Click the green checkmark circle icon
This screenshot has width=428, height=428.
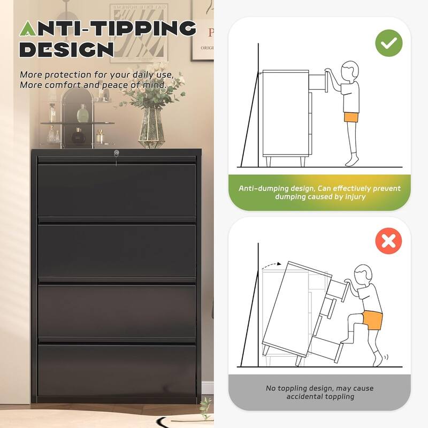coord(389,43)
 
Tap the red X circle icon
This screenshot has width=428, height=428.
coord(389,241)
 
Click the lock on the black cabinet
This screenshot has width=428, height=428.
coord(117,153)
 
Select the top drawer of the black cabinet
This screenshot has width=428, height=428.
coord(117,190)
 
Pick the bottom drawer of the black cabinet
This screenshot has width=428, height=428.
coord(117,370)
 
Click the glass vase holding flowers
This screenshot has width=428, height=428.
coord(152,128)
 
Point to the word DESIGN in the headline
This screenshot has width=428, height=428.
coord(66,50)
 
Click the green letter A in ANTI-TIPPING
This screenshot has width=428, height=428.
coord(28,29)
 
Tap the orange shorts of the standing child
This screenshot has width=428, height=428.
coord(351,117)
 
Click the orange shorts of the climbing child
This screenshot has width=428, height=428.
coord(372,320)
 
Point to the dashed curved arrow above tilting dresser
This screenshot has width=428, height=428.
coord(271,264)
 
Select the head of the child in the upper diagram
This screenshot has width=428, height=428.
coord(350,71)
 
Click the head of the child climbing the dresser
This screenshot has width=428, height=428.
coord(363,274)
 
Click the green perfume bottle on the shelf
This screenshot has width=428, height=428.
coord(82,114)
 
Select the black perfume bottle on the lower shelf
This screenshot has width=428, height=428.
coord(78,136)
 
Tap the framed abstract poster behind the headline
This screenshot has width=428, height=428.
coord(139,33)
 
